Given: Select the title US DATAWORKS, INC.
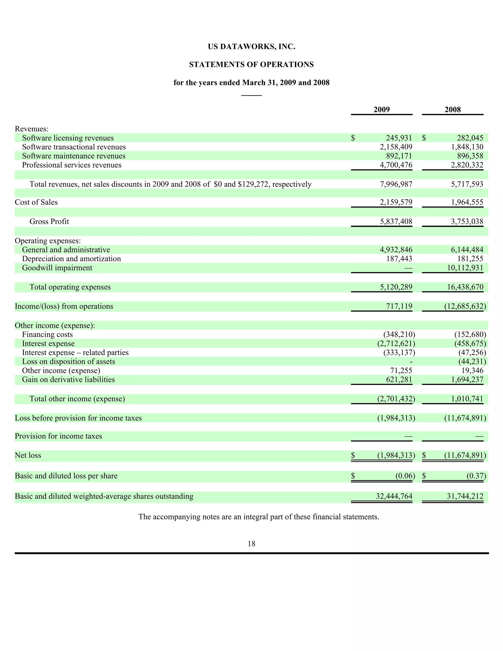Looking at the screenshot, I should [x=251, y=47].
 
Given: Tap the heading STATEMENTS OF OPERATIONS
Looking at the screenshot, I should [x=251, y=65].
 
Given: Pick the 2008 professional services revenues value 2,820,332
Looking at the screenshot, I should [x=467, y=165].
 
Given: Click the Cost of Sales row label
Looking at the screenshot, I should [x=36, y=202].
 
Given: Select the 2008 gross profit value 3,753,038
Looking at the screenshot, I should [x=467, y=222].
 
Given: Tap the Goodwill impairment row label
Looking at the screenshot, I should [x=57, y=268].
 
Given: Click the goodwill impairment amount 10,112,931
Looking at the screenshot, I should [x=465, y=268].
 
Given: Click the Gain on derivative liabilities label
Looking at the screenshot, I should [x=68, y=380].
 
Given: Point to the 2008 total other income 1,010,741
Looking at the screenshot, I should [x=467, y=399].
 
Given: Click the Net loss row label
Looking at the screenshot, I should [x=28, y=455].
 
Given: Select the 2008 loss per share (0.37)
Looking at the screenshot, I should [x=476, y=476].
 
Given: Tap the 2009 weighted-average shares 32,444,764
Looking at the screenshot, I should [x=394, y=496].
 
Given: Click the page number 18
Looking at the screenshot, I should [x=251, y=544].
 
